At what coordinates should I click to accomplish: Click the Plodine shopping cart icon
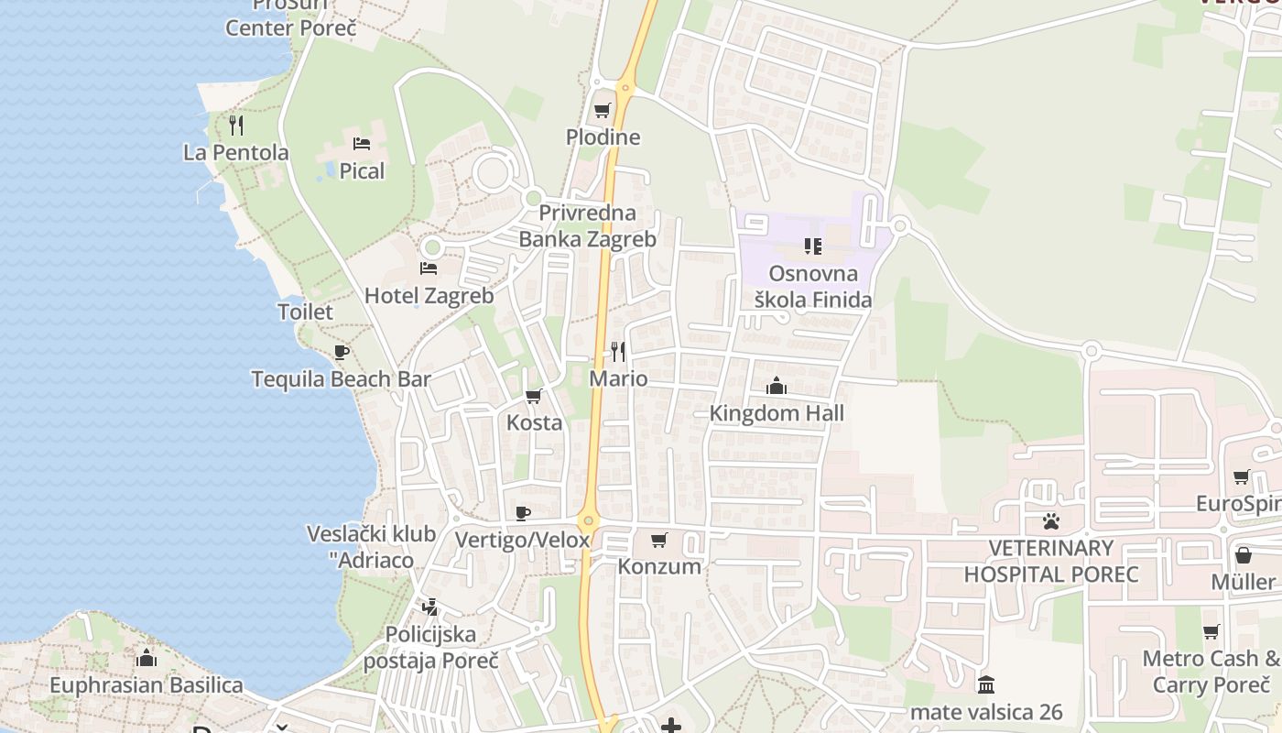pos(602,111)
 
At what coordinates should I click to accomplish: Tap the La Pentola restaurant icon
pos(236,126)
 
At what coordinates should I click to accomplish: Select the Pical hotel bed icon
pos(362,144)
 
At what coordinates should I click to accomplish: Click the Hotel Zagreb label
pos(429,296)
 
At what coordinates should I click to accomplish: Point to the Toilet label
pos(306,312)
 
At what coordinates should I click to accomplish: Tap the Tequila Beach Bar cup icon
pos(342,352)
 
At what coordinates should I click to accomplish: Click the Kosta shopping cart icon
pos(534,397)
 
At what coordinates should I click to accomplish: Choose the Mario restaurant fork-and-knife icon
pos(619,351)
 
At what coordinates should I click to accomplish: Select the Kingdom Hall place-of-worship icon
pos(777,386)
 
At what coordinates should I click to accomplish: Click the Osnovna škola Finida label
pos(813,286)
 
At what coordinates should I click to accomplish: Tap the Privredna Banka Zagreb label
pos(587,226)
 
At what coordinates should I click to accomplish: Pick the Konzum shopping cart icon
pos(659,540)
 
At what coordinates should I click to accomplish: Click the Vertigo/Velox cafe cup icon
pos(523,513)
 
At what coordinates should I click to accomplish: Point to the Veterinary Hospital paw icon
pos(1050,521)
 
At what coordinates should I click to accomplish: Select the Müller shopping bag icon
pos(1243,555)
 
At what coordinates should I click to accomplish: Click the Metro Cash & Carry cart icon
pos(1211,631)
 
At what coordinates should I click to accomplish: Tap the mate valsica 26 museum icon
pos(986,684)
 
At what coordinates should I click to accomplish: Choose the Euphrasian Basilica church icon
pos(147,658)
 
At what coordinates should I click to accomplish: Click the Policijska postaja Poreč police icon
pos(429,607)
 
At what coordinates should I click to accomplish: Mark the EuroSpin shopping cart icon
pos(1241,476)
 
